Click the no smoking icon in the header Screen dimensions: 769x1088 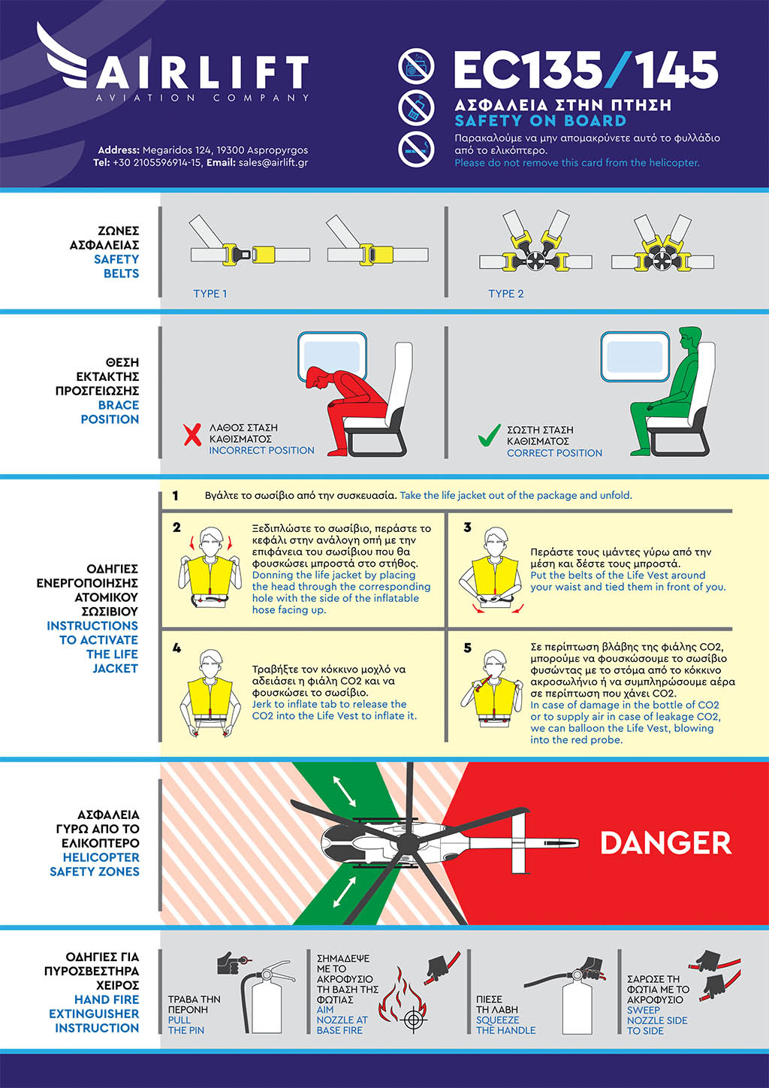click(x=417, y=149)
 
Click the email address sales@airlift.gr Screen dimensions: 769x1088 click(x=273, y=162)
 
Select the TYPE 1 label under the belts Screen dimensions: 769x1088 click(x=210, y=293)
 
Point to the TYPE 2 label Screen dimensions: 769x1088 click(x=506, y=293)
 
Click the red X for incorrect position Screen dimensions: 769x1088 click(x=192, y=434)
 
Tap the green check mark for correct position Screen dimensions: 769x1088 click(x=489, y=435)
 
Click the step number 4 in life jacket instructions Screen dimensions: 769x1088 click(x=176, y=648)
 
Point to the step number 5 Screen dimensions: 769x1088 click(x=467, y=648)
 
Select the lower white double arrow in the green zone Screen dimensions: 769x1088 click(x=344, y=893)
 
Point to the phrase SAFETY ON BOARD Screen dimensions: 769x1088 click(x=541, y=120)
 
